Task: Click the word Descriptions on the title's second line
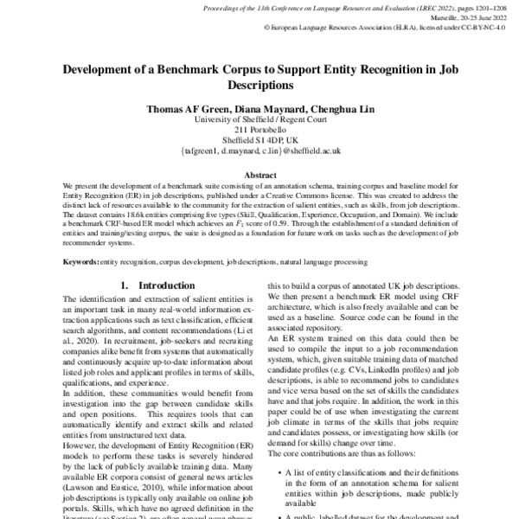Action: [x=259, y=86]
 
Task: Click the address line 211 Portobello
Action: [x=259, y=130]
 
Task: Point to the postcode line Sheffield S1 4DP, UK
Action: [x=259, y=139]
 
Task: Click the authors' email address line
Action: [x=259, y=150]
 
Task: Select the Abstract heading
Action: [x=259, y=174]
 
